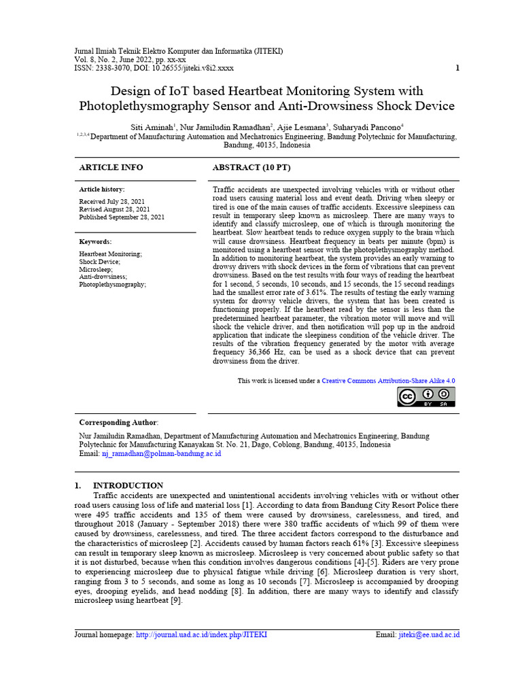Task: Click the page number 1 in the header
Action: (457, 68)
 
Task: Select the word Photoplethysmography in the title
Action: (147, 106)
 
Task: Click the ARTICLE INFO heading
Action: (111, 167)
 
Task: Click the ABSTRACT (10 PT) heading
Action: (251, 167)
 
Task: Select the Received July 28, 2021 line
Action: (112, 202)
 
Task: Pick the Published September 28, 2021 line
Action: (122, 217)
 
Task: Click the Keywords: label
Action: (96, 241)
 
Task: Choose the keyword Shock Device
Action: (99, 262)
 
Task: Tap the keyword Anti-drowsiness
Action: (103, 277)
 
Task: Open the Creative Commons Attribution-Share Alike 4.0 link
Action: (388, 381)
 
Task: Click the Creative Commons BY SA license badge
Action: (426, 397)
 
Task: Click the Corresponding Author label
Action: (118, 422)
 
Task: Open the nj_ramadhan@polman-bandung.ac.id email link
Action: (161, 453)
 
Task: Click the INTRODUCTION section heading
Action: (128, 485)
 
